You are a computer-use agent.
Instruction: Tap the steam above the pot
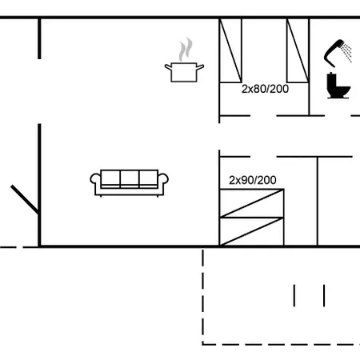click(186, 50)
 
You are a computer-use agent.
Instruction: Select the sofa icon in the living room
click(129, 183)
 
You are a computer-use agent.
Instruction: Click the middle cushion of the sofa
click(130, 178)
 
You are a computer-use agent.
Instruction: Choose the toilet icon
click(338, 86)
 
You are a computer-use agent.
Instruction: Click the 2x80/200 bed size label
click(265, 89)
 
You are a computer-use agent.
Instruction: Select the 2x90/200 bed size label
click(253, 180)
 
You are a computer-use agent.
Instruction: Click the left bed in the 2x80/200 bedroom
click(230, 50)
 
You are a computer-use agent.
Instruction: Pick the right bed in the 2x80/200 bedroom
click(298, 50)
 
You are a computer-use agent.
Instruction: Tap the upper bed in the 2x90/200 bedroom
click(252, 203)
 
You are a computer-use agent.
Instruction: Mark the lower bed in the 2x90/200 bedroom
click(252, 231)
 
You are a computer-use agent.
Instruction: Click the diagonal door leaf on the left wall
click(25, 199)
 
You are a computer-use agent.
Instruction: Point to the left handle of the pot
click(168, 67)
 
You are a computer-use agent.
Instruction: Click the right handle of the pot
click(200, 67)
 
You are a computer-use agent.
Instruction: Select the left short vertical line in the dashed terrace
click(294, 295)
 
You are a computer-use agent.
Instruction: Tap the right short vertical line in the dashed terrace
click(324, 295)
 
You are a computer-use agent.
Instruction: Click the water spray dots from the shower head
click(347, 52)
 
